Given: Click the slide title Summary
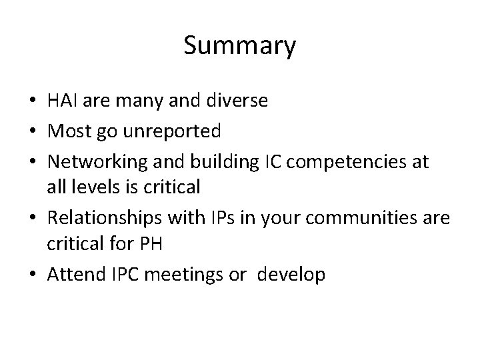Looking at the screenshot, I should point(239,46).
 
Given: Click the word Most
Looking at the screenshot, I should point(67,131).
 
